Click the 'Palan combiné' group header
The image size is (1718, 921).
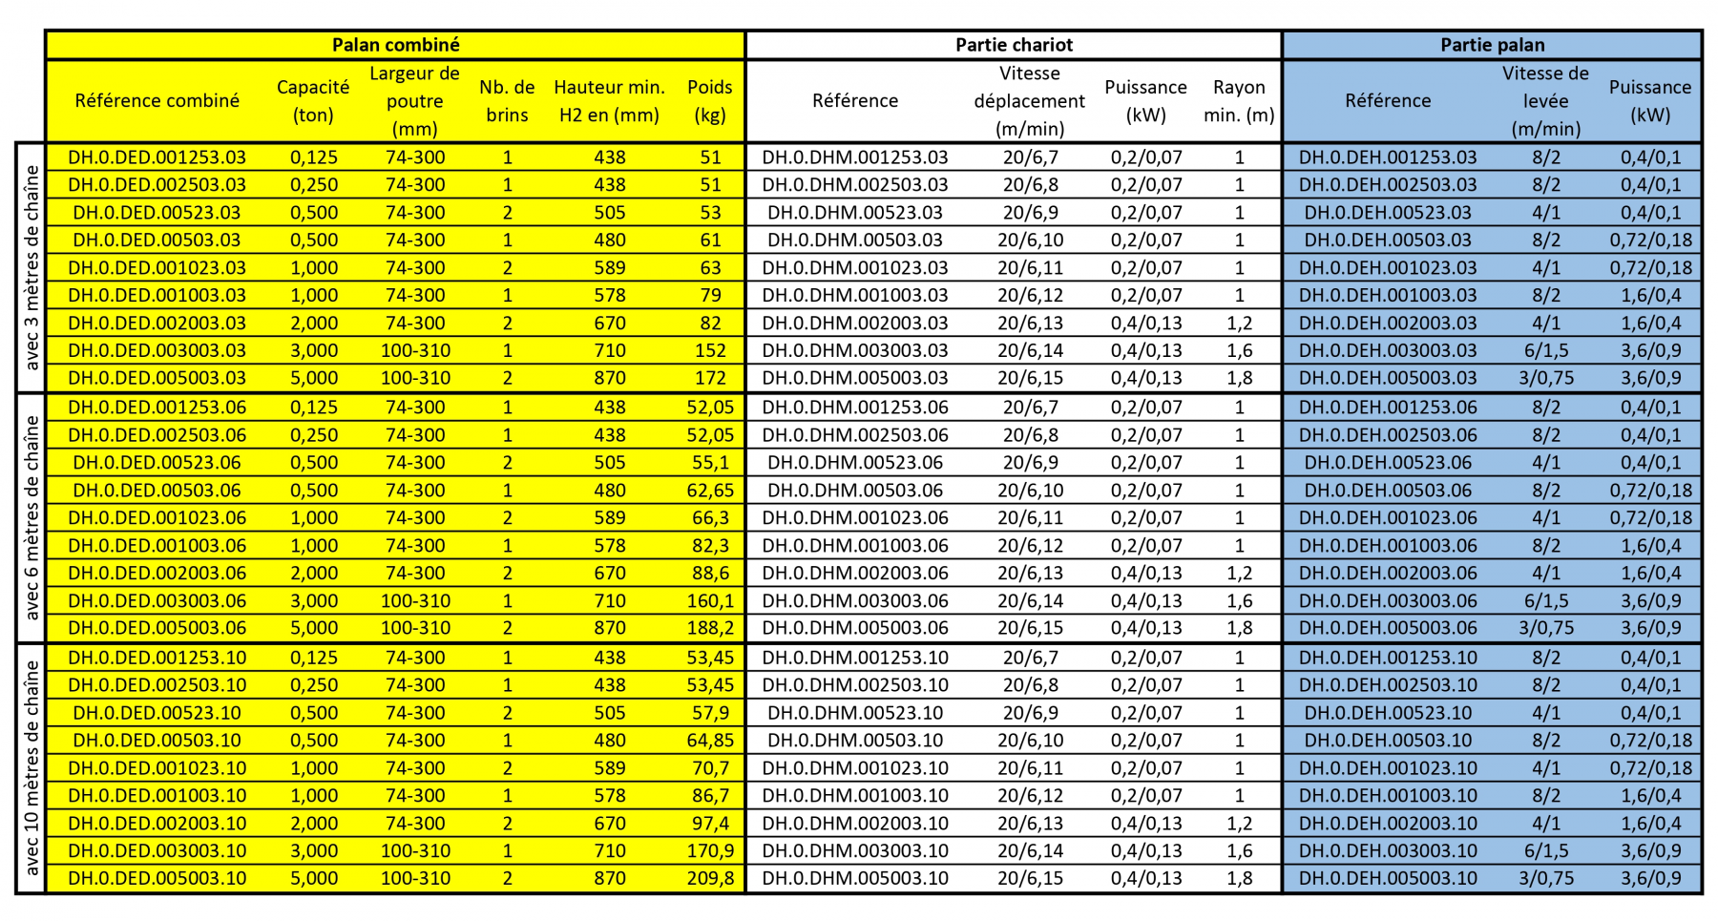click(x=395, y=45)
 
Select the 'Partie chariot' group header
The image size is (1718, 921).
click(x=1014, y=45)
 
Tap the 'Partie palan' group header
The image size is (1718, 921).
click(x=1492, y=45)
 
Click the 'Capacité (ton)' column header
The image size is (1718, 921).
click(x=313, y=101)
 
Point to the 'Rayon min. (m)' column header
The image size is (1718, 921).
click(x=1239, y=101)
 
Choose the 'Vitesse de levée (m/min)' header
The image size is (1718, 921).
click(x=1545, y=101)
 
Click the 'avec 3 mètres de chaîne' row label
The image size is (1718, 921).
click(x=31, y=267)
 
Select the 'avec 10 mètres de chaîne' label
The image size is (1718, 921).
click(x=31, y=768)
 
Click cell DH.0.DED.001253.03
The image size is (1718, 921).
click(x=157, y=157)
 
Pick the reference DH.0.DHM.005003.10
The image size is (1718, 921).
click(x=855, y=878)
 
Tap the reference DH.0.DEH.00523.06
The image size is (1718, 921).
click(x=1388, y=463)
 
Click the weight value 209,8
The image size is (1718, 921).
click(x=710, y=878)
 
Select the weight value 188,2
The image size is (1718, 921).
click(x=710, y=628)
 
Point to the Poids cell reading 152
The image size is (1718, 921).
click(x=710, y=350)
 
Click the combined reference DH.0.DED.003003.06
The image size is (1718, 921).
click(x=157, y=601)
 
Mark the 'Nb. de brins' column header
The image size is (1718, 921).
click(x=507, y=101)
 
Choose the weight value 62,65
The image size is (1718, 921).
click(x=710, y=491)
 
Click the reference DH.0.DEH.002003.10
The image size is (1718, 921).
click(x=1388, y=823)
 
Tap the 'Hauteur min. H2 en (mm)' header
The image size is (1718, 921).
click(x=609, y=101)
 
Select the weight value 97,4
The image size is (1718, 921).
click(x=710, y=823)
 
